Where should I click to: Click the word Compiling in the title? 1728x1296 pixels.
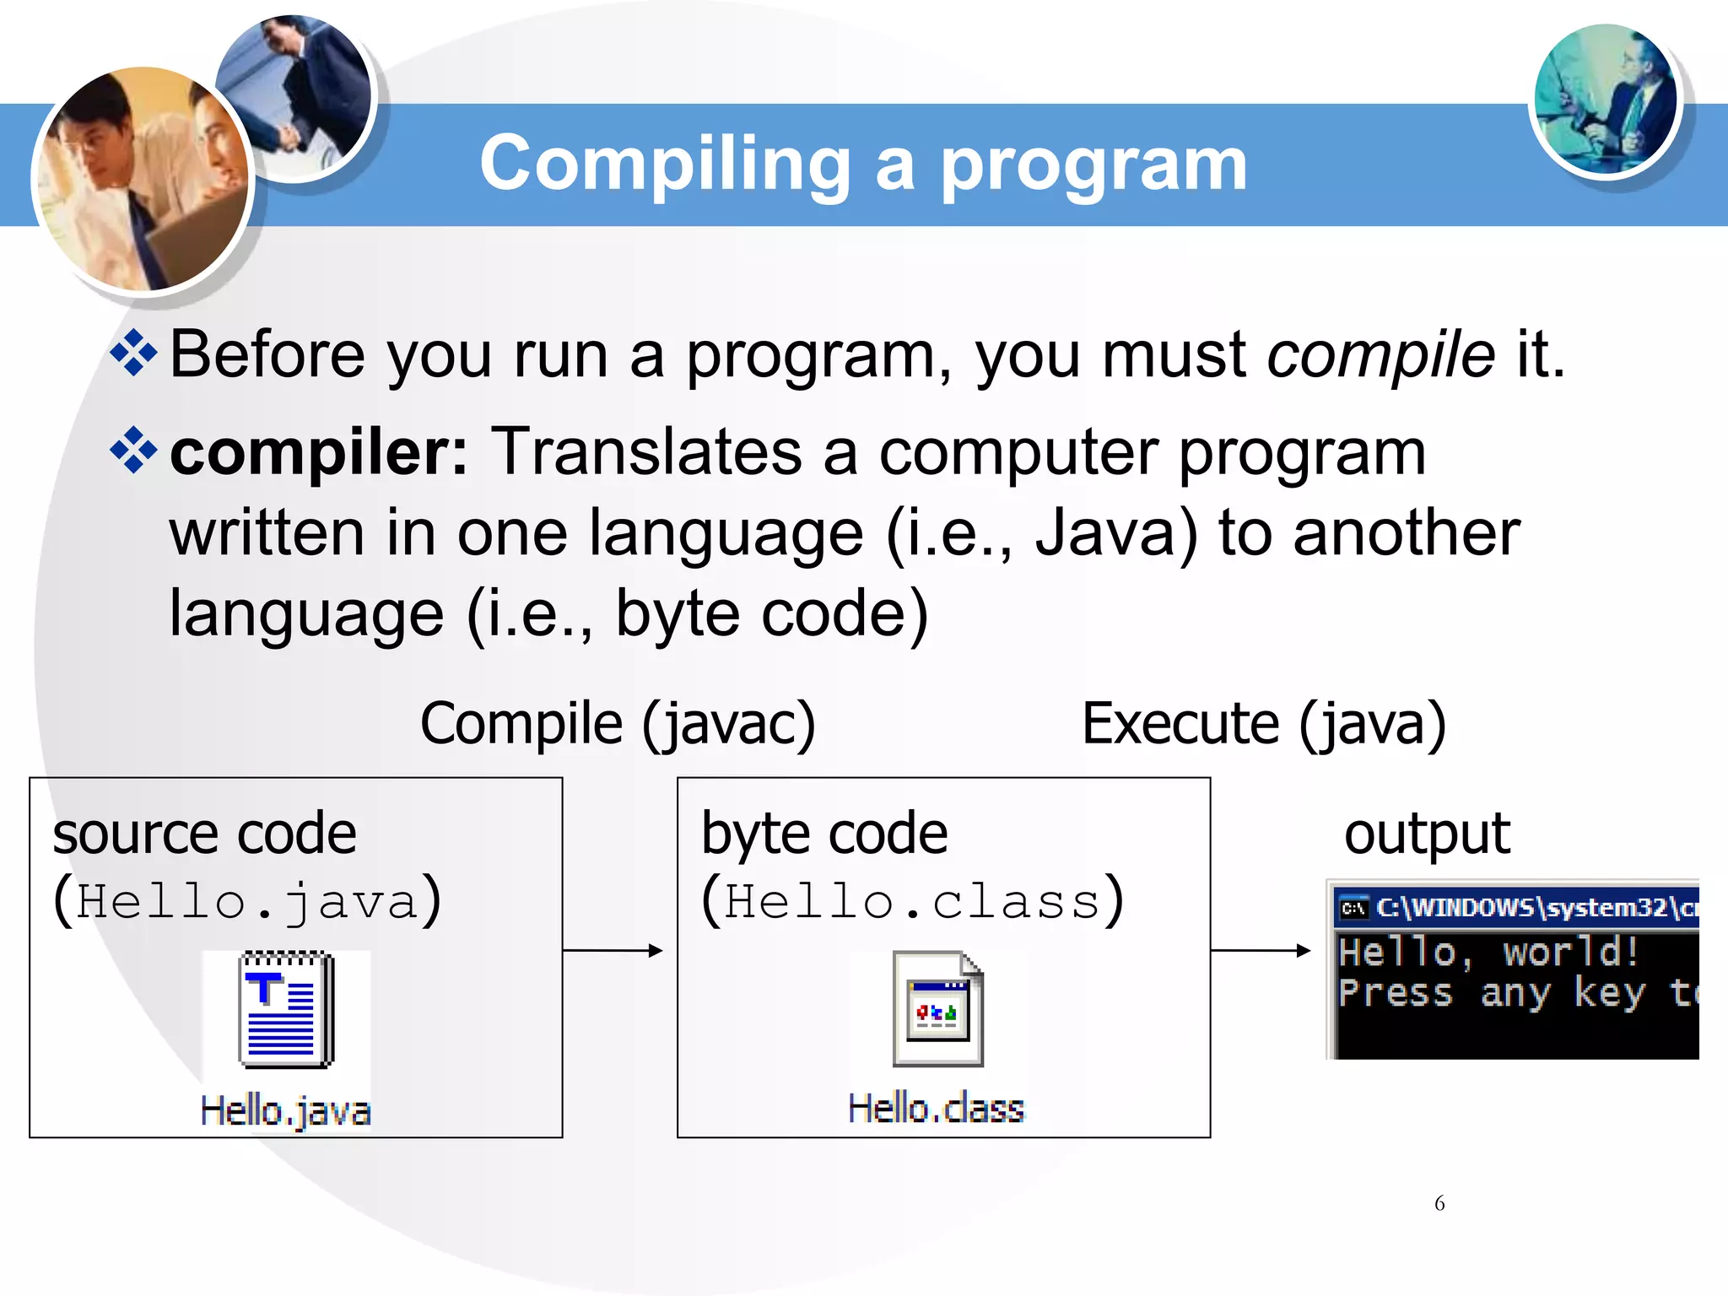(x=665, y=165)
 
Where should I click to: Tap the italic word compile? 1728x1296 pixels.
(x=1381, y=354)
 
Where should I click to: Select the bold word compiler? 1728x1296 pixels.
(x=319, y=453)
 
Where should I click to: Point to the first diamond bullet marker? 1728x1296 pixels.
(x=133, y=353)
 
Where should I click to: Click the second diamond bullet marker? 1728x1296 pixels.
(x=133, y=451)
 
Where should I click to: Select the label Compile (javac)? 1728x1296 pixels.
(x=618, y=724)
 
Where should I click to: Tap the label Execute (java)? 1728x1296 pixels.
(x=1263, y=724)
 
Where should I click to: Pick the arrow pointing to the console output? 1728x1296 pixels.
(x=1261, y=951)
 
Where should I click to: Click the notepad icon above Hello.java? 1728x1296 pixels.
(x=286, y=1009)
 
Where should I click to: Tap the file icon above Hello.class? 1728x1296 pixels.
(x=937, y=1009)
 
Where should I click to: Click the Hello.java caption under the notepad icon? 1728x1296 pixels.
(x=285, y=1110)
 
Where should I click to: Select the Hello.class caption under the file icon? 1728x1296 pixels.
(x=936, y=1109)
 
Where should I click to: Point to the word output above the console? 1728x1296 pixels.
(x=1427, y=834)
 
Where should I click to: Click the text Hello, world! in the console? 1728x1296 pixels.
(x=1488, y=953)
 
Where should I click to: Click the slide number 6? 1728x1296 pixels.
(x=1439, y=1203)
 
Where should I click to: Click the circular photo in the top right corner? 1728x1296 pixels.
(x=1605, y=100)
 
